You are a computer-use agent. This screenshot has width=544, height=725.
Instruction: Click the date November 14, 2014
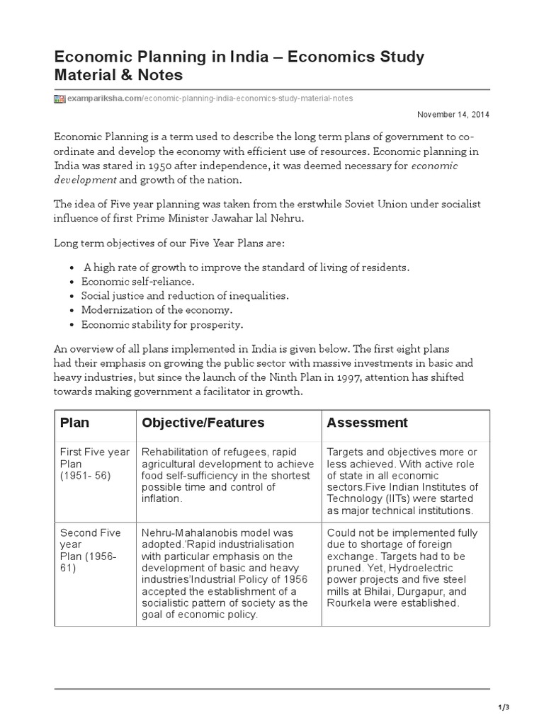[453, 114]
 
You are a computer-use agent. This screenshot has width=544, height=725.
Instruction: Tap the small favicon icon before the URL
[59, 98]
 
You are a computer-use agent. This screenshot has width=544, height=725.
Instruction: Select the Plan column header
[75, 423]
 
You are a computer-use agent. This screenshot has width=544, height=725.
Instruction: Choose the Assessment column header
[367, 423]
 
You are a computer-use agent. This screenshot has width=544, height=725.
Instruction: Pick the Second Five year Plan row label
[90, 550]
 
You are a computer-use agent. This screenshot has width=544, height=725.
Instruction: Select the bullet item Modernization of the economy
[157, 310]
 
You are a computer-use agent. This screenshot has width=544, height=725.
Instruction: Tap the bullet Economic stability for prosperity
[162, 325]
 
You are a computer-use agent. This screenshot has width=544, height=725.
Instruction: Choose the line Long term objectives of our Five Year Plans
[169, 243]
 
